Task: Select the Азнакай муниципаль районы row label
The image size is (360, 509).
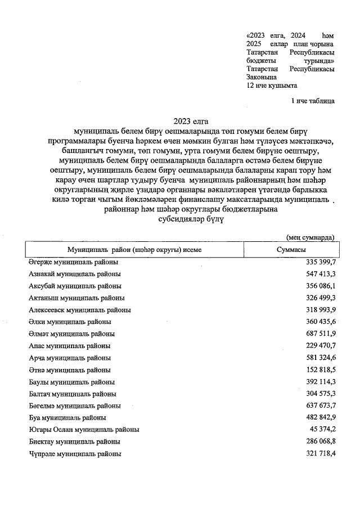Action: (75, 274)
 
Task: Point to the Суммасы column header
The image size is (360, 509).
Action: (291, 249)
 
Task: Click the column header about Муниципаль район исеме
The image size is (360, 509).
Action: (134, 249)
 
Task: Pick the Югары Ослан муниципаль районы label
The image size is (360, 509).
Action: (84, 430)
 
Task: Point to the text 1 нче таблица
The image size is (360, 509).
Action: (313, 101)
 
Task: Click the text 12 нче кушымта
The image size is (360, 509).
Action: (272, 85)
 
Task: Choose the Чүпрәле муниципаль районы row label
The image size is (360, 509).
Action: (75, 453)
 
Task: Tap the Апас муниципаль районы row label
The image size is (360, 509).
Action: (69, 346)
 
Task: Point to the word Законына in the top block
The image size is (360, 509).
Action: (262, 77)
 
